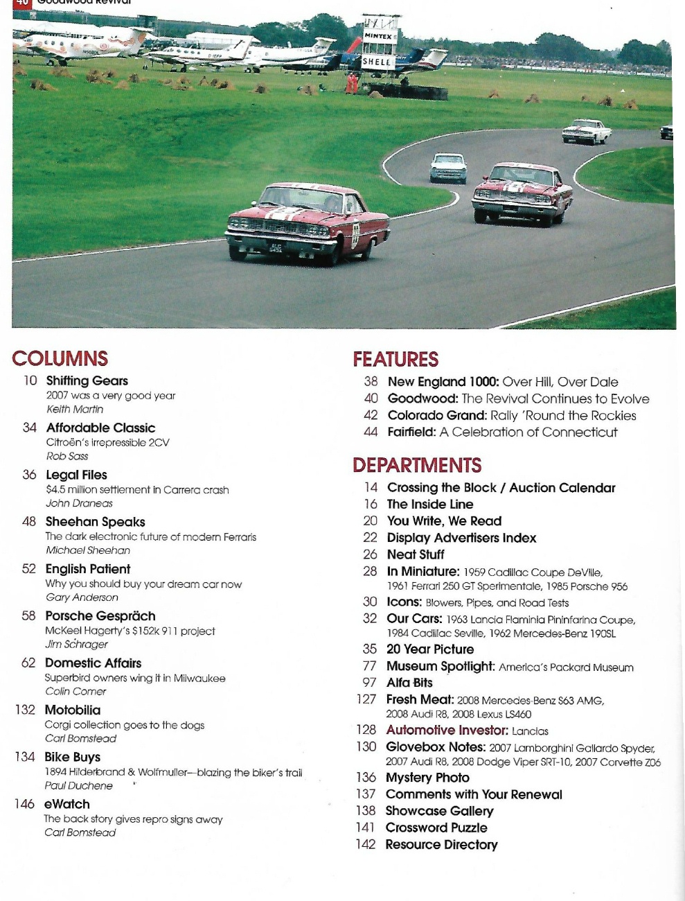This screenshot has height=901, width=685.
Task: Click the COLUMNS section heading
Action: click(60, 358)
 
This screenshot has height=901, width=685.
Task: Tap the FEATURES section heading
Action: click(395, 359)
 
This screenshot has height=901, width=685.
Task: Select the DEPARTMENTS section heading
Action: click(417, 465)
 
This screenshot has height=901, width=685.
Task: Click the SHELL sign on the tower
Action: click(377, 61)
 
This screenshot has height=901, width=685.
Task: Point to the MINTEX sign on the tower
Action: click(378, 36)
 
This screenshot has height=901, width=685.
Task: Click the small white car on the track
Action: click(448, 168)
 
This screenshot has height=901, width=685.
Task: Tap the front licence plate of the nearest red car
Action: click(276, 247)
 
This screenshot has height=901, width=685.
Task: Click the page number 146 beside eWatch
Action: click(24, 804)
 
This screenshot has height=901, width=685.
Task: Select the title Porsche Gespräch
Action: click(100, 615)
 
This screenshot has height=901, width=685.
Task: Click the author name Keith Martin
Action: click(75, 409)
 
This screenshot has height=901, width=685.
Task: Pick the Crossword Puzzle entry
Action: click(436, 828)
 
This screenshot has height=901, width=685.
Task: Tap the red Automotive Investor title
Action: click(447, 730)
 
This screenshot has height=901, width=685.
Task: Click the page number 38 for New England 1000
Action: click(371, 381)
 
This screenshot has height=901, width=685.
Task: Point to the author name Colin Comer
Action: click(75, 691)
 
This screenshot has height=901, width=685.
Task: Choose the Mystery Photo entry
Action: click(427, 778)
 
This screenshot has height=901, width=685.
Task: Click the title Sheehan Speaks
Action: click(96, 521)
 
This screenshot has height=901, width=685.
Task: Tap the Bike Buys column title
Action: click(73, 757)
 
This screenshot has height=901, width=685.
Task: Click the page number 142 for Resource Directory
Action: click(366, 844)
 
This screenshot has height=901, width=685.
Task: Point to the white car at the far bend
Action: click(586, 131)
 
